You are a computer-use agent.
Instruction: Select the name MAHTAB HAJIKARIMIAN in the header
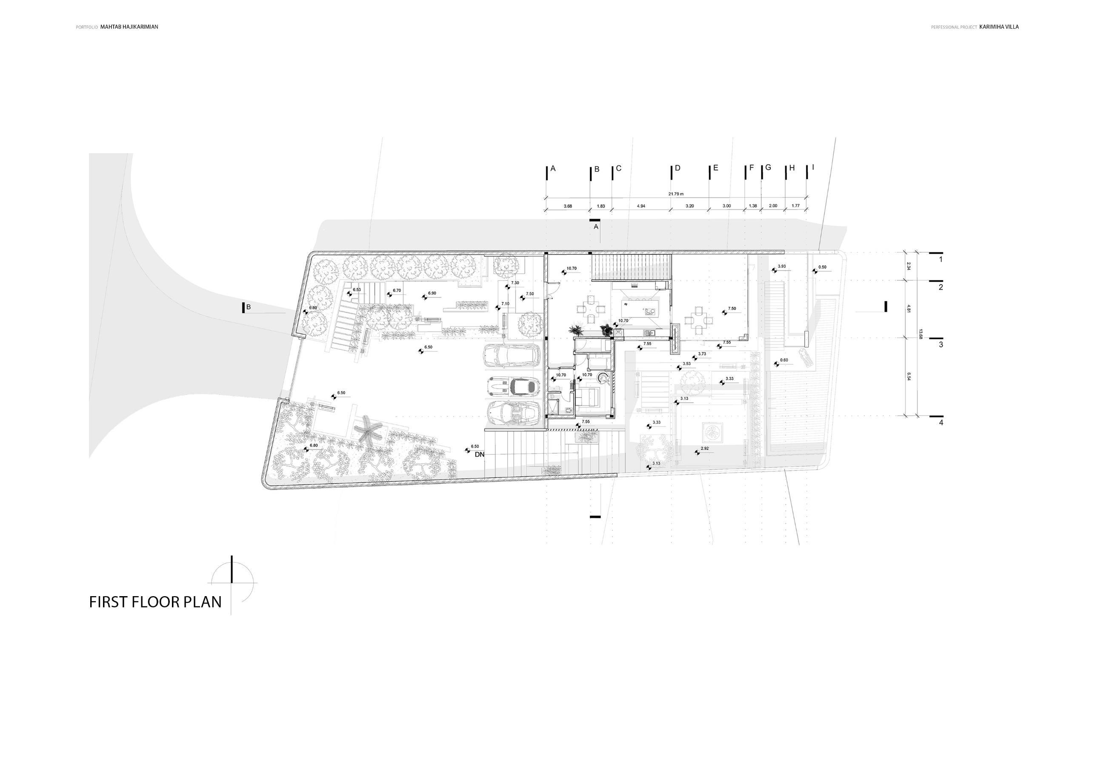click(x=129, y=27)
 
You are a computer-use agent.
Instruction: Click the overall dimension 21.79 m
click(x=676, y=194)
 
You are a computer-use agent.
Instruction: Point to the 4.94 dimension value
click(x=641, y=206)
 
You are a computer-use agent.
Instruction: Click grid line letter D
click(x=677, y=169)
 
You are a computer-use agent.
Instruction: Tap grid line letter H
click(x=792, y=169)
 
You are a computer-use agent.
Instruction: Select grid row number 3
click(x=941, y=344)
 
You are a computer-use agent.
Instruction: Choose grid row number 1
click(x=941, y=260)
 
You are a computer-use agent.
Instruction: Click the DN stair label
click(x=479, y=454)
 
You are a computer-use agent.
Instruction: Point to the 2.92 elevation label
click(x=704, y=449)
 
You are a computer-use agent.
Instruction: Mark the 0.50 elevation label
click(x=822, y=268)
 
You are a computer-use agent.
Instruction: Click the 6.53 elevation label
click(x=357, y=289)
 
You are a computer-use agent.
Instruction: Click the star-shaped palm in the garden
click(x=367, y=429)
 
